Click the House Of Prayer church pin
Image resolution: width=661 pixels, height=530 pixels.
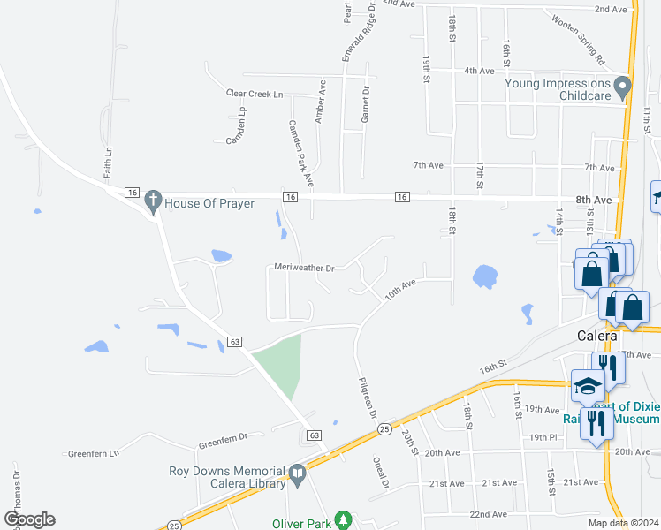[153, 201]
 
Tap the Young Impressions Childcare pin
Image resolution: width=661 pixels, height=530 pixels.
[623, 87]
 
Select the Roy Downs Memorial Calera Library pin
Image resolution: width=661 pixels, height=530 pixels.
[298, 475]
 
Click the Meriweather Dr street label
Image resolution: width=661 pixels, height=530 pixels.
[304, 268]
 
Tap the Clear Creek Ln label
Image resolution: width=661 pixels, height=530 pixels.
[255, 94]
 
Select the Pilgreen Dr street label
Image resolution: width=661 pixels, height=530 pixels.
[368, 397]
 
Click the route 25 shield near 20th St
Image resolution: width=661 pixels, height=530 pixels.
[384, 428]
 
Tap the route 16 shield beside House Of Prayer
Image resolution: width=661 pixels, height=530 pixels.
[133, 192]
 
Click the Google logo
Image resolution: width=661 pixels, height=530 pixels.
[29, 519]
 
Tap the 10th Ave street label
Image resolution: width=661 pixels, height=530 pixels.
[399, 289]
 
